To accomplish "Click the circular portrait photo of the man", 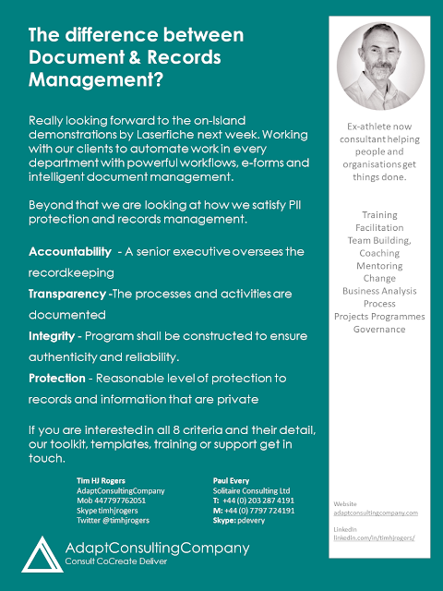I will pyautogui.click(x=379, y=66).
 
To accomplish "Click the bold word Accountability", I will pyautogui.click(x=69, y=251).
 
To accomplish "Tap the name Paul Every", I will pyautogui.click(x=232, y=480).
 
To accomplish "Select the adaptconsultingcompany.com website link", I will pyautogui.click(x=375, y=512).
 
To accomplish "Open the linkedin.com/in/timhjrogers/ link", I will pyautogui.click(x=375, y=537).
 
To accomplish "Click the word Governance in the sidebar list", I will pyautogui.click(x=379, y=329).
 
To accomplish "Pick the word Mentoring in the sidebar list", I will pyautogui.click(x=379, y=265).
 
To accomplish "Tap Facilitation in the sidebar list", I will pyautogui.click(x=379, y=227).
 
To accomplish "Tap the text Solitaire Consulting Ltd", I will pyautogui.click(x=252, y=490).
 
